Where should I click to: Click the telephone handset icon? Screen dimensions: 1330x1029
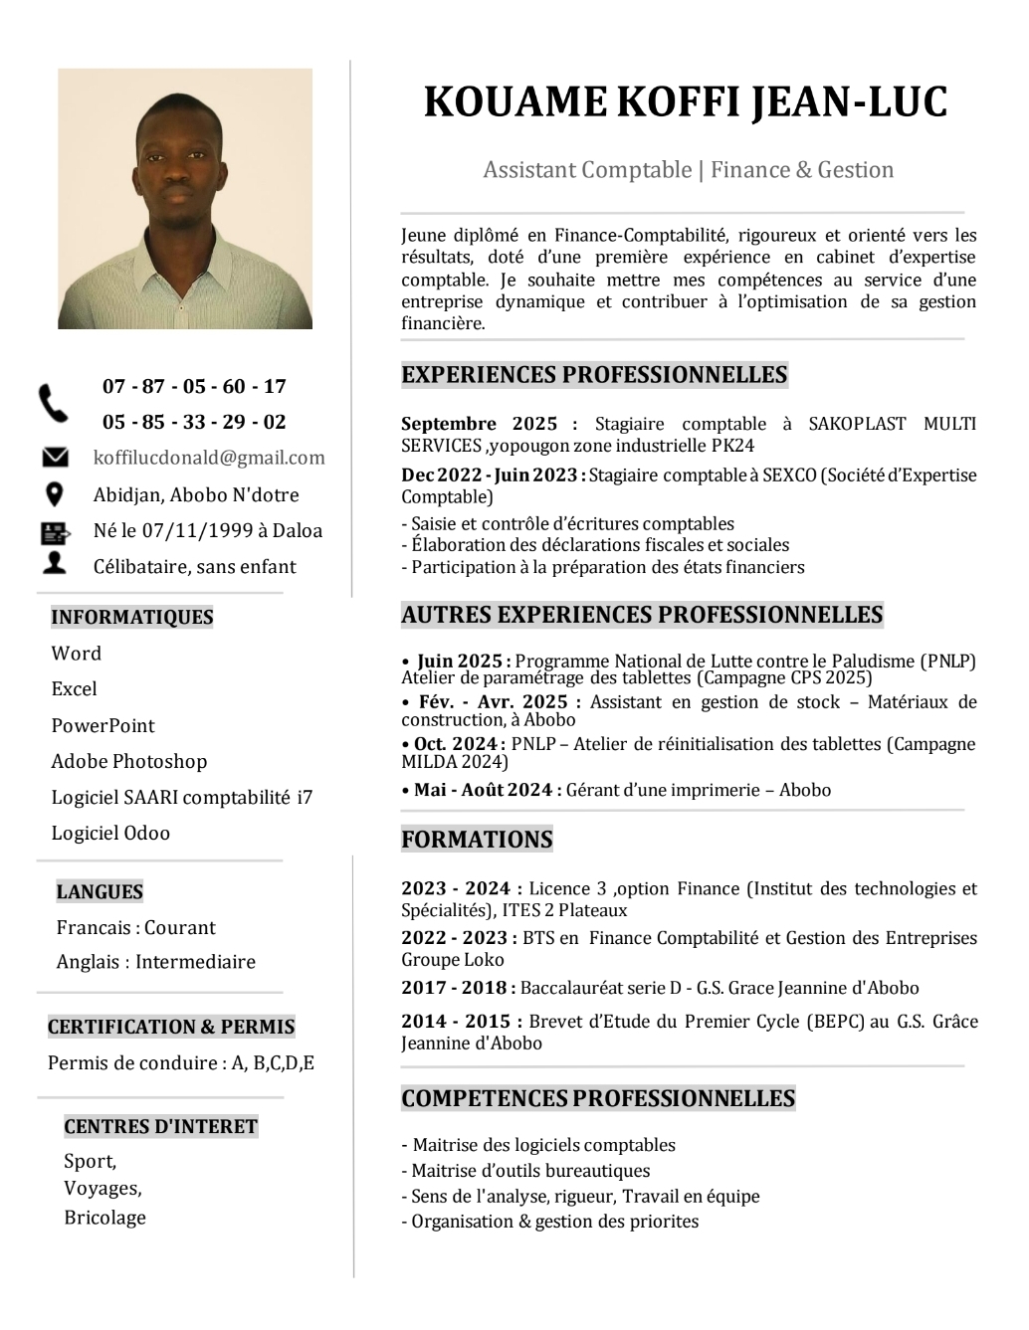(54, 404)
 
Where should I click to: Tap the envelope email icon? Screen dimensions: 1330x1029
(55, 458)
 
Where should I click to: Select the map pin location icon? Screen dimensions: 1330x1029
(55, 494)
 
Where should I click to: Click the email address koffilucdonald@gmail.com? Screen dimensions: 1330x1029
(209, 458)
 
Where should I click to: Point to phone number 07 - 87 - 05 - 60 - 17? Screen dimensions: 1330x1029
(194, 386)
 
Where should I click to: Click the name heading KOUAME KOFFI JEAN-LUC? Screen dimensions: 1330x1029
(686, 102)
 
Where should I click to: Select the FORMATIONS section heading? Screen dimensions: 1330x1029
(477, 840)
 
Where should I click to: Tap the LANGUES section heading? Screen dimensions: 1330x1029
(100, 891)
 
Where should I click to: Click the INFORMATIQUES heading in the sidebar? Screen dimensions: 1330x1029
(132, 617)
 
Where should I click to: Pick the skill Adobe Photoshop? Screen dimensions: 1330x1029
(129, 761)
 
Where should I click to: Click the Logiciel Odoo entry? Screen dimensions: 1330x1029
(110, 833)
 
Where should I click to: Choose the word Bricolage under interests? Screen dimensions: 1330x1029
(104, 1218)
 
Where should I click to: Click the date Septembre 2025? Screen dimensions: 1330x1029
(480, 424)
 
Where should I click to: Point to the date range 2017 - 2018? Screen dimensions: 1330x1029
(455, 988)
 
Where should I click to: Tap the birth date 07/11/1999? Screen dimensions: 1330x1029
(197, 530)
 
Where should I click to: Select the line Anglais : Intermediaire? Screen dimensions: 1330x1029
(156, 962)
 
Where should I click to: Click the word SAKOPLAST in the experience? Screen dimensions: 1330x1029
(857, 424)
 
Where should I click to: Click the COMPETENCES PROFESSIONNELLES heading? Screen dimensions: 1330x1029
(598, 1099)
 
